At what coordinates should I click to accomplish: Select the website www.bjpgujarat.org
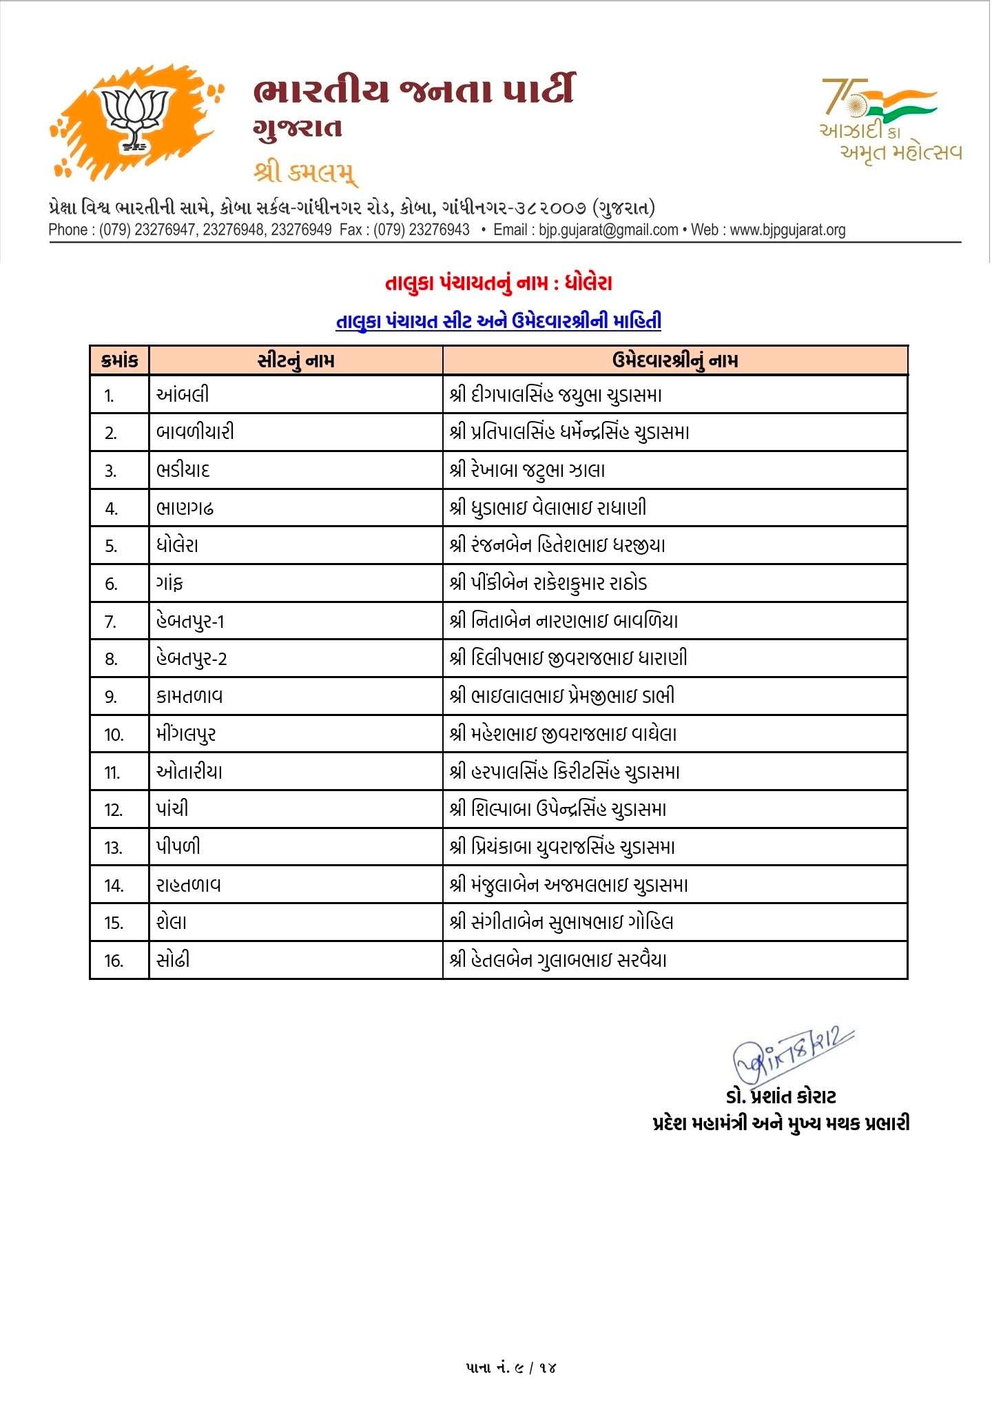[x=787, y=230]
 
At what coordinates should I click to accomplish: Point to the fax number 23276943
[x=439, y=230]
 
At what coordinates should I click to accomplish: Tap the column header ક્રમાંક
[x=119, y=360]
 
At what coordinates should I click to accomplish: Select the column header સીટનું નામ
[x=296, y=360]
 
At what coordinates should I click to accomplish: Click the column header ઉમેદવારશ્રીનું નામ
[x=674, y=360]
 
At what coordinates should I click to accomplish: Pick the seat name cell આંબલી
[x=183, y=395]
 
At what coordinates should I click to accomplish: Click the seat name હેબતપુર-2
[x=192, y=659]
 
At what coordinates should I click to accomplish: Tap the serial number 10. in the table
[x=114, y=735]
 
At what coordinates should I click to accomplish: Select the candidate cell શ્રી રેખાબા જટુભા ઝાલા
[x=527, y=471]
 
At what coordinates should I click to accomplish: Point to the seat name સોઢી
[x=173, y=960]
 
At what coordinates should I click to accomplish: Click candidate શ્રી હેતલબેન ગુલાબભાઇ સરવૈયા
[x=558, y=960]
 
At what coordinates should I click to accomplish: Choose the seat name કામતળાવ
[x=189, y=697]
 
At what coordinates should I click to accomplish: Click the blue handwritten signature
[x=792, y=1054]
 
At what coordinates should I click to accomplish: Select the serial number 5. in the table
[x=112, y=546]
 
